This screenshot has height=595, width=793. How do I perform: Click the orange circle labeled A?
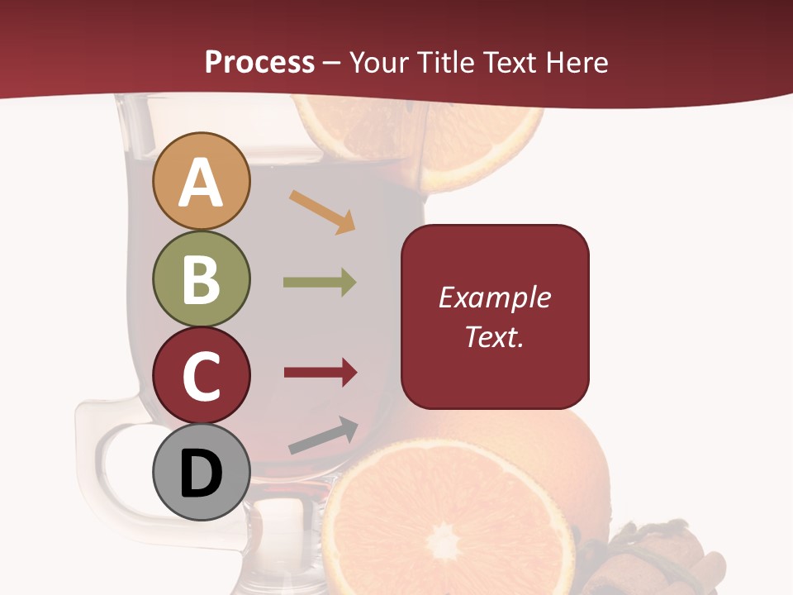click(201, 181)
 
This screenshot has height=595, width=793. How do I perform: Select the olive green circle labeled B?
click(201, 278)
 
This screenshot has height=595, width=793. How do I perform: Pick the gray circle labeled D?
click(201, 472)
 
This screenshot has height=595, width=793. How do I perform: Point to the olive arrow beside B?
click(320, 283)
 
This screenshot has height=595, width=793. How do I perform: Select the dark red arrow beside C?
click(321, 373)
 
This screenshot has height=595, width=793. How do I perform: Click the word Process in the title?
click(259, 62)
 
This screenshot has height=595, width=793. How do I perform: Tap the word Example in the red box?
click(494, 297)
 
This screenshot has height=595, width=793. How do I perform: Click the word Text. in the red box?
click(494, 336)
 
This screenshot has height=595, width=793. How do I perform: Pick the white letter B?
click(201, 278)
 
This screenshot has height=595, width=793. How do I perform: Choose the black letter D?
click(201, 474)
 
